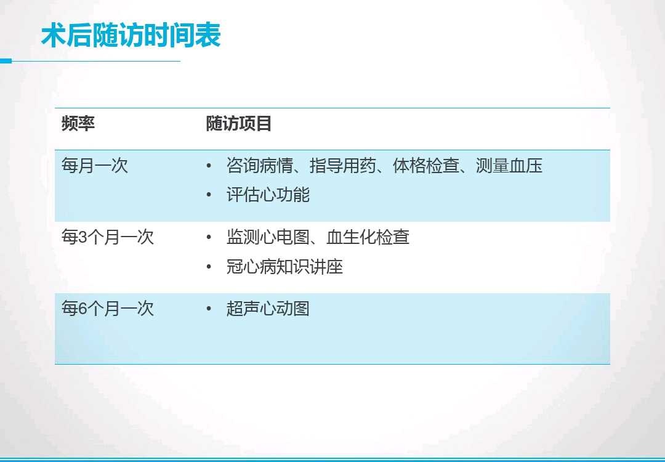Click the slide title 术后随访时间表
click(131, 36)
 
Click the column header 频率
click(78, 124)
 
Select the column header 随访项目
click(239, 124)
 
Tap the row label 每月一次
click(95, 166)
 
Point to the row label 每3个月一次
click(108, 237)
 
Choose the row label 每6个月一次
click(108, 309)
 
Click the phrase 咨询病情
click(259, 166)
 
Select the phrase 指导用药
click(342, 166)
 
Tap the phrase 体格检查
click(425, 166)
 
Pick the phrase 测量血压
click(509, 166)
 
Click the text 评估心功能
click(268, 195)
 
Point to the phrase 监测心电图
click(268, 237)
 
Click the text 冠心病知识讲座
click(284, 267)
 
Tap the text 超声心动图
click(268, 309)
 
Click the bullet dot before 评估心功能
click(209, 196)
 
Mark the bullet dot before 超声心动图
click(209, 309)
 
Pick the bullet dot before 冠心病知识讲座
click(209, 267)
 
